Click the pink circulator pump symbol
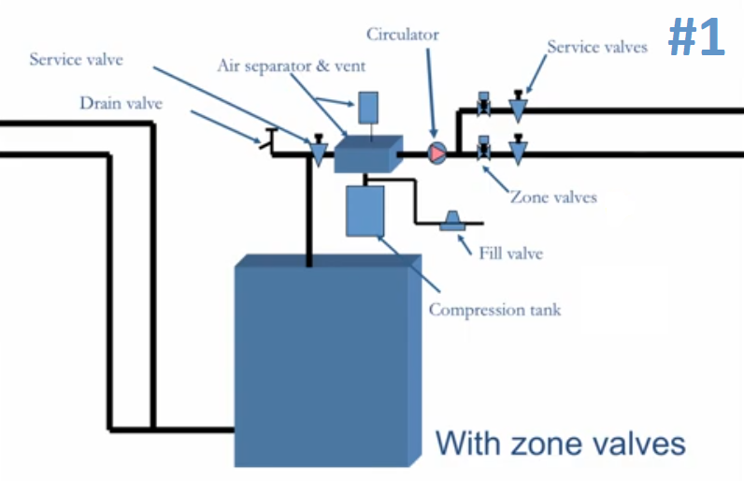tap(437, 153)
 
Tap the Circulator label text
tap(402, 35)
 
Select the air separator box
tap(368, 153)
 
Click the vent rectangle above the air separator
tap(368, 108)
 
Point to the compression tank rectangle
tap(365, 211)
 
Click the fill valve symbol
tap(452, 221)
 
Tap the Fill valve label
tap(510, 254)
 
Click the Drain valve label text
tap(121, 103)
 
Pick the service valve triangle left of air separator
tap(319, 150)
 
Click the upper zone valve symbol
tap(483, 104)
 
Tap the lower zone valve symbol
tap(483, 148)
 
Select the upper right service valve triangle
tap(518, 107)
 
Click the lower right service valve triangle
tap(518, 150)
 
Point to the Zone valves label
tap(553, 197)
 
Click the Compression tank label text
tap(494, 310)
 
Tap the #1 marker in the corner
tap(696, 37)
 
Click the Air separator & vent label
tap(292, 66)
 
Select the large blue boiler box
tap(328, 361)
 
